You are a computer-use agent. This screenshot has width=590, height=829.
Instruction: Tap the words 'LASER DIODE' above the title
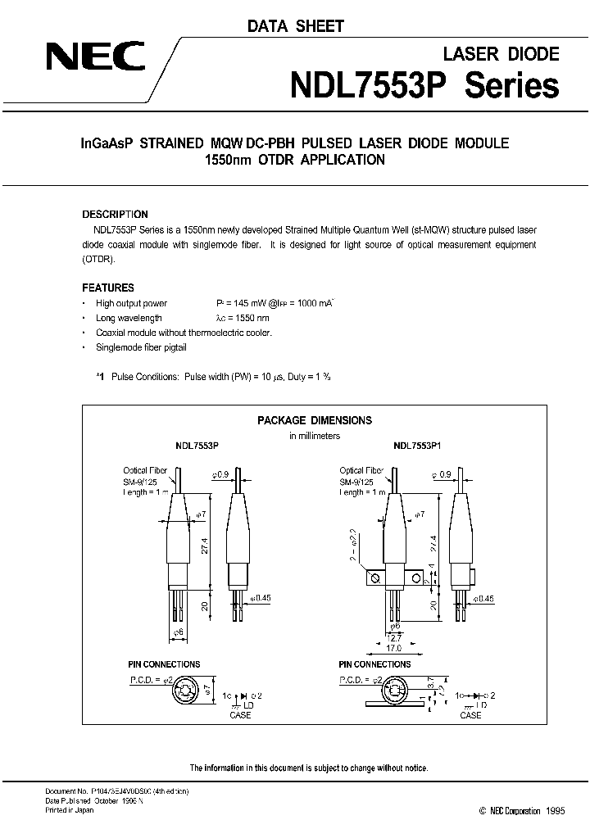[501, 54]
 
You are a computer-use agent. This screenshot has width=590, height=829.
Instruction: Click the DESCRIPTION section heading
[116, 215]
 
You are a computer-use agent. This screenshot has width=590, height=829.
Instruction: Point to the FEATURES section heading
[108, 288]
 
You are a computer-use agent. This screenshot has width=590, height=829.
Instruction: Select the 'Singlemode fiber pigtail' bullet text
[142, 347]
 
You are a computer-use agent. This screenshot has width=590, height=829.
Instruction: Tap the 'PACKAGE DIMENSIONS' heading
[315, 420]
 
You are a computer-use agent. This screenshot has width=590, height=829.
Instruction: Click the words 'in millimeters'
[315, 436]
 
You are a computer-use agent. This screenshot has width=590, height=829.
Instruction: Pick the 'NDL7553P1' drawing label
[417, 447]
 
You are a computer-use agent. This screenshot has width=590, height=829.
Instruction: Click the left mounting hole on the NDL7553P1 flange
[376, 579]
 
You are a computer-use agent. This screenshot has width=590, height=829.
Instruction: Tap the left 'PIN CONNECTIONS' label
[164, 664]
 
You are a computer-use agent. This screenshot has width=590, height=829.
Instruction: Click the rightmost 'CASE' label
[470, 715]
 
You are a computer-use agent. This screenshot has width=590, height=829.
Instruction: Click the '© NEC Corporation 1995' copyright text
[509, 810]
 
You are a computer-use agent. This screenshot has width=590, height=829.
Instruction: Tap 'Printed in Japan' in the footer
[69, 809]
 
